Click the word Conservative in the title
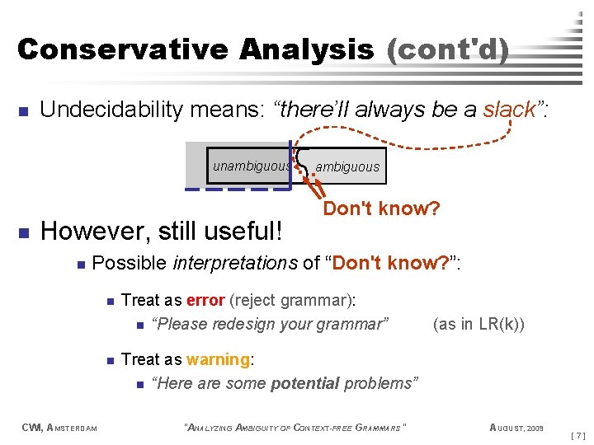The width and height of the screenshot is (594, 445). (122, 49)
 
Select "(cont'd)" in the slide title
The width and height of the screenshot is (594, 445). (447, 49)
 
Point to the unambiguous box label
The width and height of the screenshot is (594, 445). (252, 166)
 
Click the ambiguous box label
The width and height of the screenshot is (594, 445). (347, 167)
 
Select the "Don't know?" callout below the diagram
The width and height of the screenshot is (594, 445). (381, 208)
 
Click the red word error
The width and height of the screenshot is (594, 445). (206, 301)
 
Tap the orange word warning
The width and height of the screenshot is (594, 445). (219, 360)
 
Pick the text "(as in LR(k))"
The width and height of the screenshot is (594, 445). (478, 324)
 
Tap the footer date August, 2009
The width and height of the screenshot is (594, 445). (516, 427)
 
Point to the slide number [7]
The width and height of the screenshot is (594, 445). (578, 434)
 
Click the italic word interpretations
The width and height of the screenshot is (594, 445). (235, 264)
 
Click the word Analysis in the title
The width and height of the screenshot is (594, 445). (307, 49)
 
